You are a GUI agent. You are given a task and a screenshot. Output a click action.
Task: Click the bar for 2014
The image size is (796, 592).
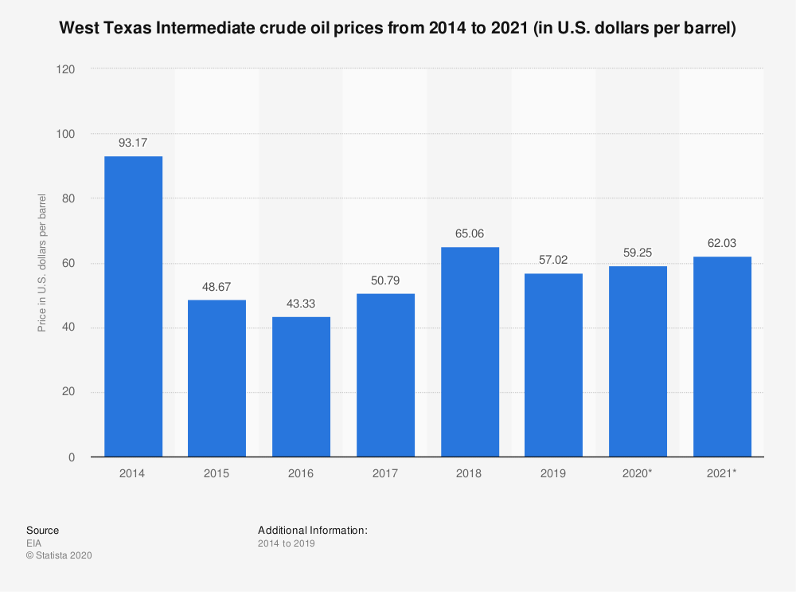click(133, 307)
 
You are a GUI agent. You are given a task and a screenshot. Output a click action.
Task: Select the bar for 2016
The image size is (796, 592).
click(301, 387)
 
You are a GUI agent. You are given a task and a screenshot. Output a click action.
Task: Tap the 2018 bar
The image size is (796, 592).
click(470, 352)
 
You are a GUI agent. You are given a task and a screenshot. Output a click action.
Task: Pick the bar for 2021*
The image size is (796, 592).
click(722, 357)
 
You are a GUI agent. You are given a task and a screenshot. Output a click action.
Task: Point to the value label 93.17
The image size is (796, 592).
click(133, 143)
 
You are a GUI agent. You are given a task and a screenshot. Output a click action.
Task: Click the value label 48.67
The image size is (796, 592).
click(217, 287)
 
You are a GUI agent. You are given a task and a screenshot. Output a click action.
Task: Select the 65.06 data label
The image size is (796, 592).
click(470, 234)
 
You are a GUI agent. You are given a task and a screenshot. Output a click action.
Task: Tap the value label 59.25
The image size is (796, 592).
click(638, 253)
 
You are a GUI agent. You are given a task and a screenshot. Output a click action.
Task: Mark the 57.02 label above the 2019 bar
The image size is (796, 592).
click(553, 261)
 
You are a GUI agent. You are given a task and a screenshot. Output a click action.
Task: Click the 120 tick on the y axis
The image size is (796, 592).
click(66, 69)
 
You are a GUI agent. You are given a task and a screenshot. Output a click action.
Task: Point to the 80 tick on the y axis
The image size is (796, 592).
click(69, 198)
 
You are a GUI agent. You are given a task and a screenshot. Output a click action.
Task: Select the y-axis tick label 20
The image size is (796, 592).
click(69, 393)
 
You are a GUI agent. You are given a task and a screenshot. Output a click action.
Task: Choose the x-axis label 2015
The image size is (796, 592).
click(217, 473)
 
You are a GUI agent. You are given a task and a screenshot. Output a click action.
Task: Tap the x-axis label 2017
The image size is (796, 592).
click(385, 473)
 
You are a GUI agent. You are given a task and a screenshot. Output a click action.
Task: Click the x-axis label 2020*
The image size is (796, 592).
click(638, 473)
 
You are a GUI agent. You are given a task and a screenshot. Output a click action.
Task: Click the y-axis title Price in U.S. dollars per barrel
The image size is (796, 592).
click(41, 263)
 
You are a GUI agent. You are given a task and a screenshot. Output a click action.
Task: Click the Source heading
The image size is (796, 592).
click(42, 530)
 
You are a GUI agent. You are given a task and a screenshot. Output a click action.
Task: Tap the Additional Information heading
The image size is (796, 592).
click(312, 530)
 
